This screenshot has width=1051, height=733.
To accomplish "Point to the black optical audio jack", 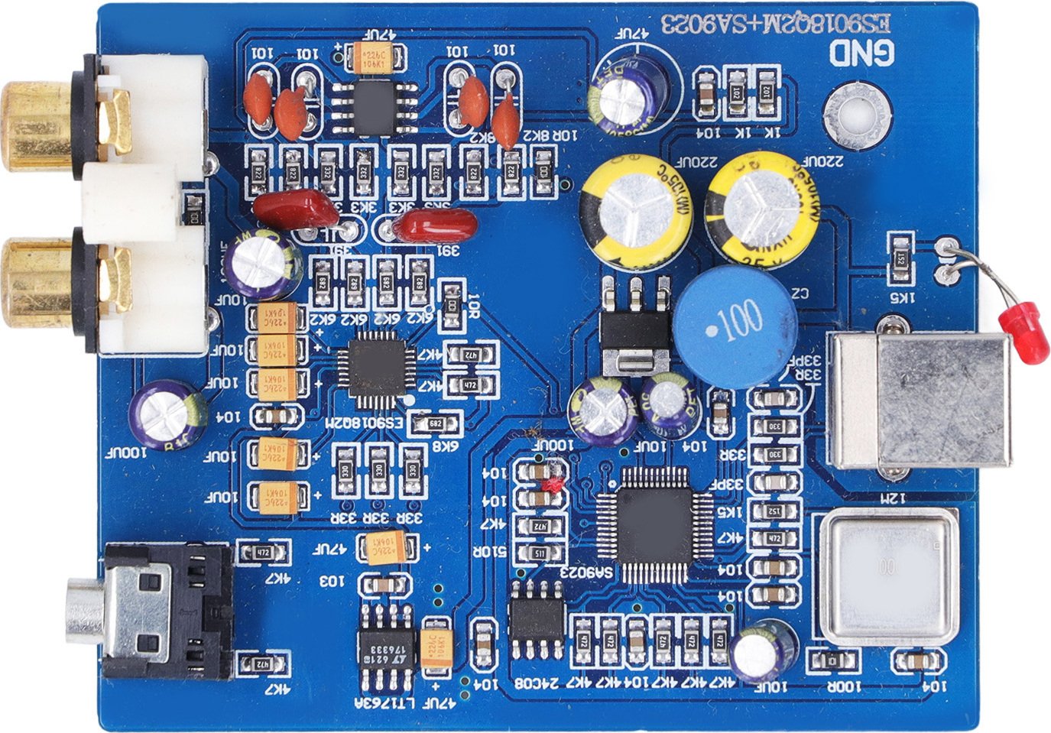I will point(164,611).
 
